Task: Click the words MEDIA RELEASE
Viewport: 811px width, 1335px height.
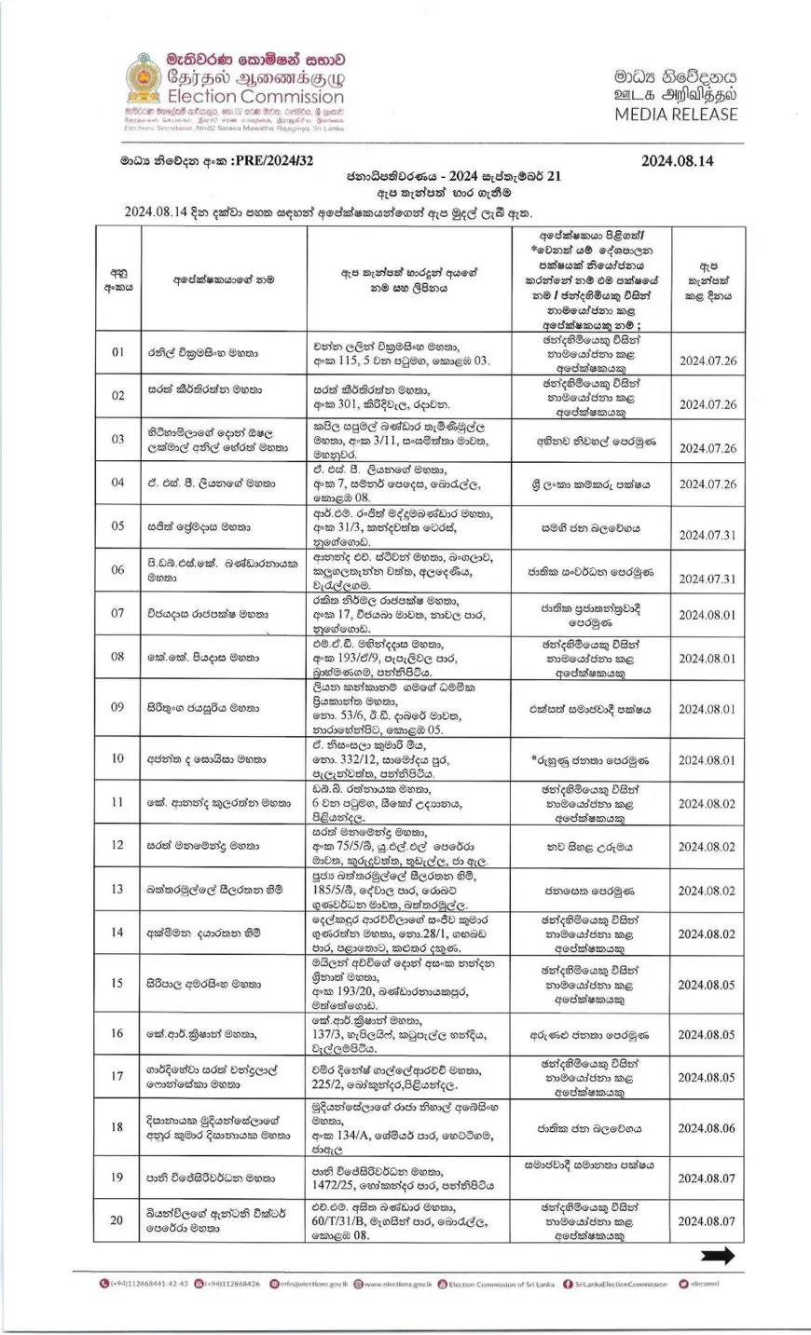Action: point(676,115)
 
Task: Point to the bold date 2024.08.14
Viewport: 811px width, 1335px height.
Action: point(678,160)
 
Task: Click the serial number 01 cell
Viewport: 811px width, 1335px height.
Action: point(117,353)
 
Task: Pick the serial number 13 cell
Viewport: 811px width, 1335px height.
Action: point(117,891)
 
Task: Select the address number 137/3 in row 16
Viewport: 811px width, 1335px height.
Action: point(328,1035)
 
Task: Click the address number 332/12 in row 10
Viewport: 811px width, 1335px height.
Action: point(360,760)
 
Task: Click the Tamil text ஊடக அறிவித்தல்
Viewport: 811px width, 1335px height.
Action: point(676,95)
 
